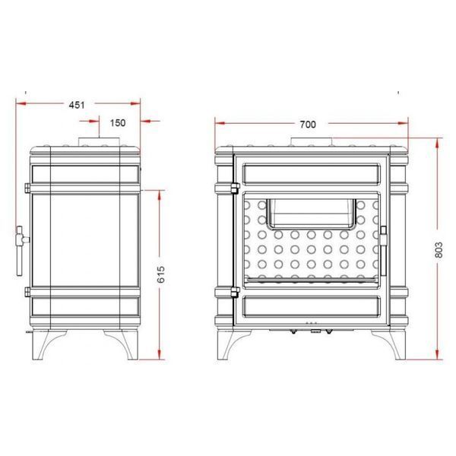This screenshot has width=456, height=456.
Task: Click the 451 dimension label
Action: [77, 105]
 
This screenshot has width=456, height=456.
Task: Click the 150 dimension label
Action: [118, 122]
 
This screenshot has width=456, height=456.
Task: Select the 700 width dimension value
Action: [308, 125]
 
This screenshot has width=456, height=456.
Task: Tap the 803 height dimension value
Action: [439, 249]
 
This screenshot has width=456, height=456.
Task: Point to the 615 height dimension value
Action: [161, 274]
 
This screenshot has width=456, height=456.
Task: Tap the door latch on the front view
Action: [383, 250]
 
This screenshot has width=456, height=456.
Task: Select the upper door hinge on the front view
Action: [235, 188]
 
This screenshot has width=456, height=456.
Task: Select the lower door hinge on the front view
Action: [235, 292]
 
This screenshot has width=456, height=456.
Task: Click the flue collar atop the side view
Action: [99, 141]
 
